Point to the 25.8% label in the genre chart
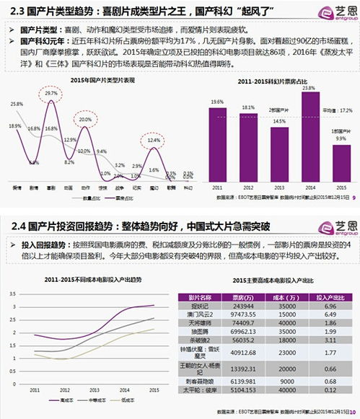coord(16,105)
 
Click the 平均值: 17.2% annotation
coord(336,110)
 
